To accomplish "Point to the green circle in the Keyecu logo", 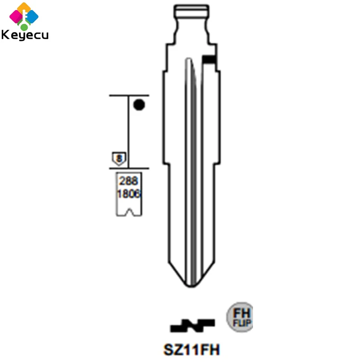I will click(x=24, y=27).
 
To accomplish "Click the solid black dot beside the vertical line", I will click(x=139, y=105).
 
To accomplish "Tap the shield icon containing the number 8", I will click(x=119, y=158).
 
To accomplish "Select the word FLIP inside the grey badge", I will click(x=242, y=323).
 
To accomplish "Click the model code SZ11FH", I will click(x=192, y=349).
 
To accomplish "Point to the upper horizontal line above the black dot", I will click(x=129, y=95).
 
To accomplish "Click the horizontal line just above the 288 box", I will click(x=129, y=169).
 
